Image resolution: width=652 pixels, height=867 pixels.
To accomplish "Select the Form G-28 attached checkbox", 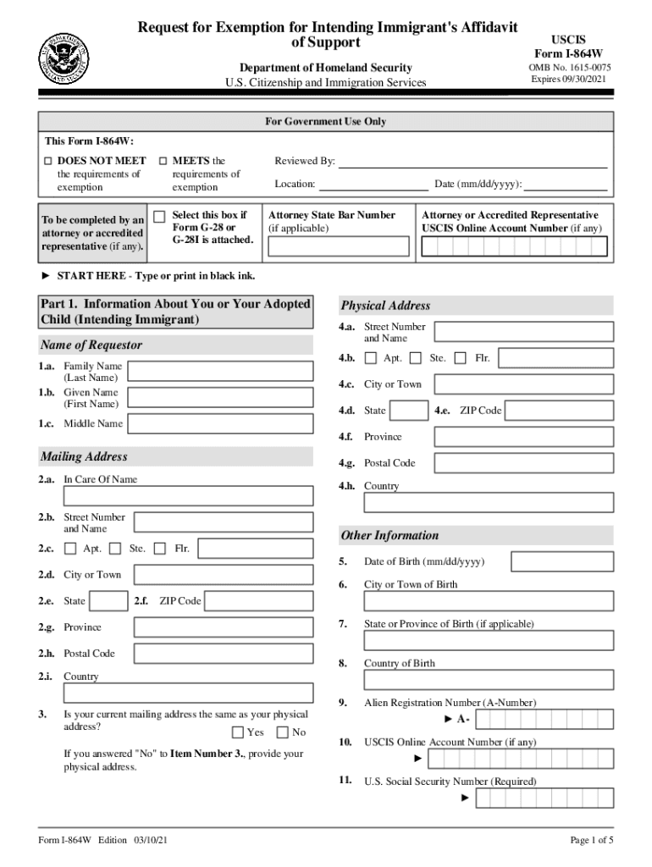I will (x=159, y=217).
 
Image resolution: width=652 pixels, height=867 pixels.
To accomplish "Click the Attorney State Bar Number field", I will (x=339, y=246).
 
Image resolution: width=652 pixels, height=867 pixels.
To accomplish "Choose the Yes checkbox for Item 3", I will (x=238, y=732).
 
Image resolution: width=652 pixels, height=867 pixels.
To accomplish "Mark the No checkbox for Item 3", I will (x=283, y=732).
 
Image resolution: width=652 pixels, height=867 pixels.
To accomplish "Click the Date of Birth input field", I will (x=562, y=562).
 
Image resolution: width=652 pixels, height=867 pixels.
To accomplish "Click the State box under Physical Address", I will (x=410, y=411).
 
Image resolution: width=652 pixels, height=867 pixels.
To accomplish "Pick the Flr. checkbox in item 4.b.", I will (x=461, y=358).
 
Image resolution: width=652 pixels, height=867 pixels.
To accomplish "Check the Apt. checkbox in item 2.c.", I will (x=70, y=549).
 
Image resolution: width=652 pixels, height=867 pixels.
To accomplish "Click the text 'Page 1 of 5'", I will (x=591, y=841).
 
